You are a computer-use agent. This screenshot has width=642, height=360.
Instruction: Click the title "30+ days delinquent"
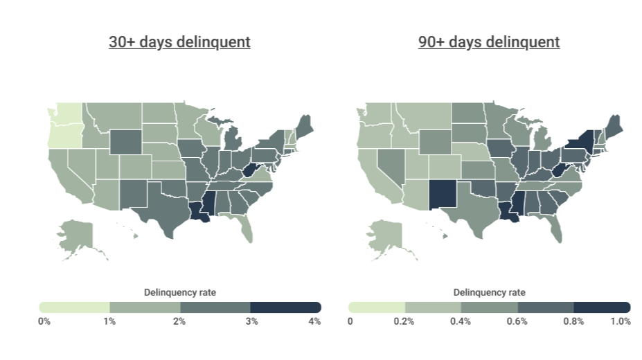[x=179, y=42]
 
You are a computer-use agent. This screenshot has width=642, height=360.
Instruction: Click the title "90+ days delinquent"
[x=489, y=42]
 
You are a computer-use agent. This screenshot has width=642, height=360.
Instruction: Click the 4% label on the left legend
[x=314, y=321]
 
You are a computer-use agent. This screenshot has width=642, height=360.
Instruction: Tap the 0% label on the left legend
[x=44, y=321]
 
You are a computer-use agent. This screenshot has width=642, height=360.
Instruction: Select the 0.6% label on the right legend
[x=517, y=321]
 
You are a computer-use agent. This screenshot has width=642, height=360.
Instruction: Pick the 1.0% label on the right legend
[x=621, y=321]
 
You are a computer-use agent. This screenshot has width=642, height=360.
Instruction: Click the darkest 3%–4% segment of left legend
[x=285, y=307]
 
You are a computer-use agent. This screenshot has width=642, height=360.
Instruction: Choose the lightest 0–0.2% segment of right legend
[x=377, y=307]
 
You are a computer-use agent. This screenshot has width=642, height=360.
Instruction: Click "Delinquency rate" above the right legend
[x=489, y=293]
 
